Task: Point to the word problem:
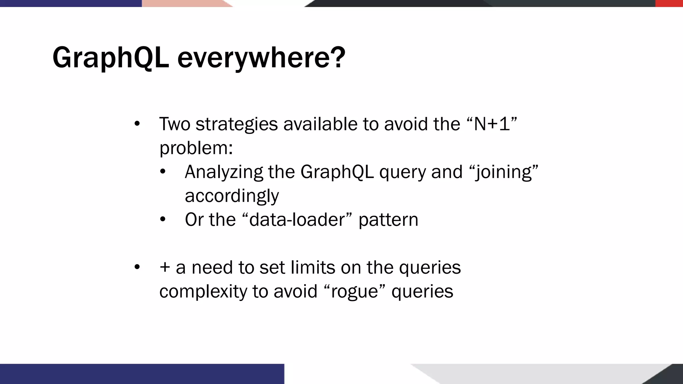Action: click(x=196, y=148)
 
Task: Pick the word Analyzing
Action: click(x=224, y=172)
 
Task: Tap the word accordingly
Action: click(x=232, y=196)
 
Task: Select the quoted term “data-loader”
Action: click(x=296, y=220)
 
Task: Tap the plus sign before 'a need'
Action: click(x=165, y=268)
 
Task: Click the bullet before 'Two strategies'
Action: click(x=137, y=124)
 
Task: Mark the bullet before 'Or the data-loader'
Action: click(x=162, y=220)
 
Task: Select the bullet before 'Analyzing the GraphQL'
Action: click(x=162, y=172)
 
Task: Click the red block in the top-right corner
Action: click(x=669, y=3)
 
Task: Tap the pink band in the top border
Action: click(x=183, y=3)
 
